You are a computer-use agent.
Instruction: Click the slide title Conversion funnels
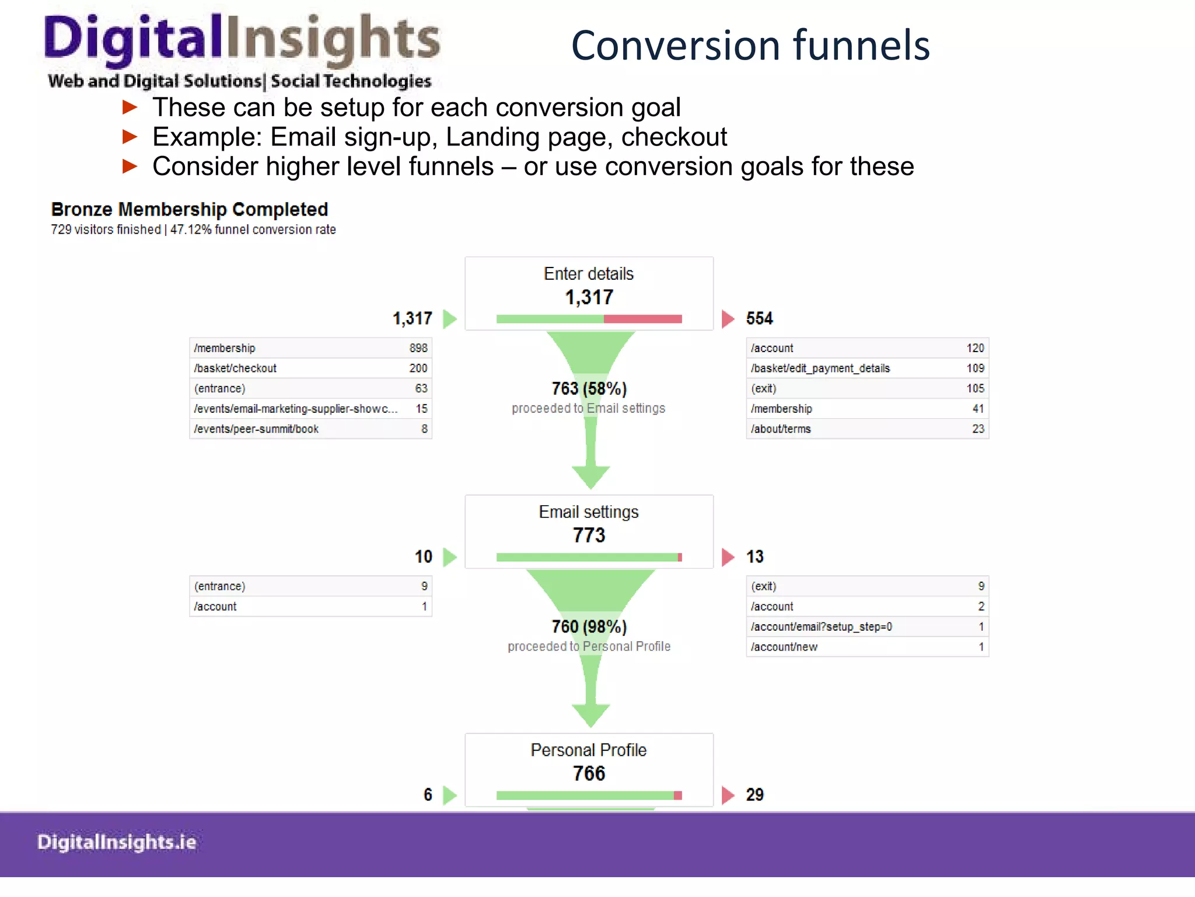tap(750, 46)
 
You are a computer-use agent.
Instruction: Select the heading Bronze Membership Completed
tap(190, 209)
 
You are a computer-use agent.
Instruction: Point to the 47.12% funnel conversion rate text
tap(253, 230)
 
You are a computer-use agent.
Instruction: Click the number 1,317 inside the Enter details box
tap(589, 297)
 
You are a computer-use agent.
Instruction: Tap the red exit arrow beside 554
tap(728, 319)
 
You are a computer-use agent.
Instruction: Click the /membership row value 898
tap(418, 348)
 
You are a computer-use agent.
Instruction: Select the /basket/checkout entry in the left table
tap(235, 368)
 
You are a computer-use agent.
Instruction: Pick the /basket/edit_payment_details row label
tap(820, 368)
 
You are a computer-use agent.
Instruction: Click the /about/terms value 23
tap(978, 429)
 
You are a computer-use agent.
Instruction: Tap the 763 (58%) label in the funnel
tap(589, 388)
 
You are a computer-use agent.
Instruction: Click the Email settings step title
tap(589, 512)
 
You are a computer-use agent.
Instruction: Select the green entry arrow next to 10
tap(449, 557)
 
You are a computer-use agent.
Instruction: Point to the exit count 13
tap(754, 557)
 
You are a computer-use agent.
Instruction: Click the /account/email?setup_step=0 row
tap(821, 627)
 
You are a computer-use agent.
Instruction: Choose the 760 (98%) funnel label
tap(589, 627)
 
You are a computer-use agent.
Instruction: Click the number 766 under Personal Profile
tap(589, 774)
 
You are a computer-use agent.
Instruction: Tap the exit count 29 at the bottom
tap(754, 795)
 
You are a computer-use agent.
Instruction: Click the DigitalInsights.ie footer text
tap(117, 842)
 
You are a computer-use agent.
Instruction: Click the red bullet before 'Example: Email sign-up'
tap(130, 137)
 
